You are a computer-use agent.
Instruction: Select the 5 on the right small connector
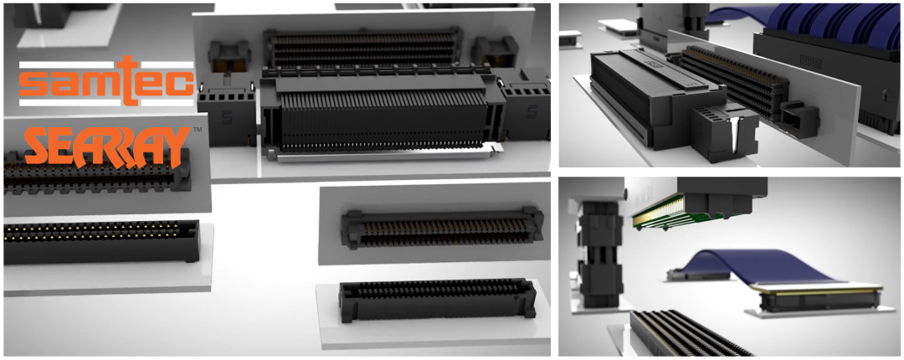[532, 111]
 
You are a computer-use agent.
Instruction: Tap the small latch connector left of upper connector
[229, 57]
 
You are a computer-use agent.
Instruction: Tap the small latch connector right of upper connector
[493, 52]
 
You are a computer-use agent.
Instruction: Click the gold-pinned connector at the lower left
[101, 241]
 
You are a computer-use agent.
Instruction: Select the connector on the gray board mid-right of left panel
[442, 229]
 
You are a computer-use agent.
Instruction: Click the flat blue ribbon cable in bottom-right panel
[749, 266]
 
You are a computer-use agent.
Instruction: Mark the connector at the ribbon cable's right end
[819, 299]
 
